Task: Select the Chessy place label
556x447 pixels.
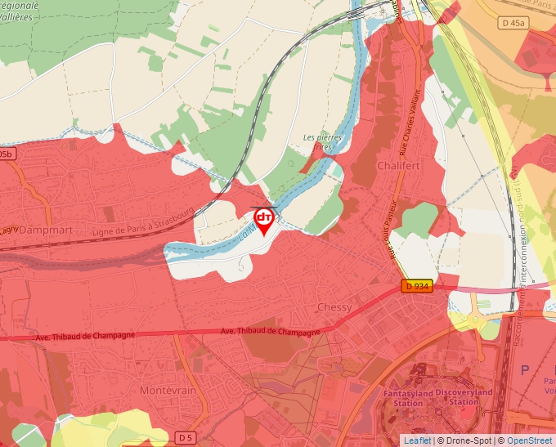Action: [x=334, y=307]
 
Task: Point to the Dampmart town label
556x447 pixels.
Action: [x=47, y=230]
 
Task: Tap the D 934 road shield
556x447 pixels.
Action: [x=416, y=286]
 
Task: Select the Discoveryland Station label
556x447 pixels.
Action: [x=464, y=398]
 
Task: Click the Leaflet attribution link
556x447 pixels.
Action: [x=417, y=440]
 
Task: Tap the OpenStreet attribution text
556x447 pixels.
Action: [x=529, y=440]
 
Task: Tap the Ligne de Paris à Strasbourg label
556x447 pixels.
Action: [x=150, y=222]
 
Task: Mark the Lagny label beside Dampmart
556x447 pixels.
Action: [x=10, y=230]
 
